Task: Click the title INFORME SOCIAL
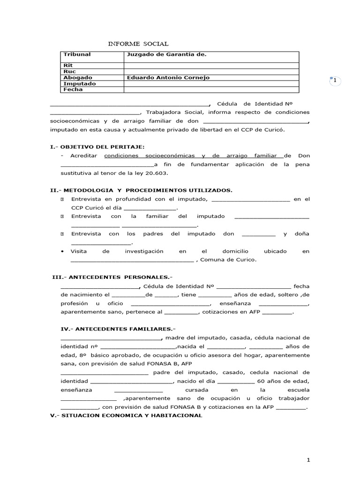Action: [138, 44]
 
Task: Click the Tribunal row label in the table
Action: [77, 54]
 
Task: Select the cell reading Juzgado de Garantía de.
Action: [166, 54]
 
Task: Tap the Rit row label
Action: [68, 66]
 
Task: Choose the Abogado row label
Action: [77, 77]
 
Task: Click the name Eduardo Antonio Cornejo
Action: [168, 77]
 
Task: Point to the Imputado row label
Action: [79, 83]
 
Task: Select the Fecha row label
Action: [73, 89]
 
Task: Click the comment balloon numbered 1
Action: [335, 81]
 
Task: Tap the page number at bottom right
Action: [308, 460]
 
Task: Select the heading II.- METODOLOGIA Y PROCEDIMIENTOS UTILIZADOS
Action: [141, 190]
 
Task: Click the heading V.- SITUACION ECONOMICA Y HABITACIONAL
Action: [127, 415]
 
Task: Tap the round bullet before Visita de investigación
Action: [63, 251]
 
